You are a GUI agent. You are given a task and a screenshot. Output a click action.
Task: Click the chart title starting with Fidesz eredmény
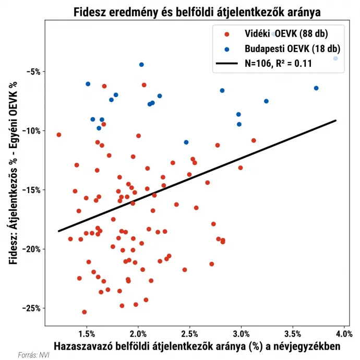[x=197, y=11]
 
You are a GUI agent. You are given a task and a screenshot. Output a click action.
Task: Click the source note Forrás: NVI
[x=30, y=355]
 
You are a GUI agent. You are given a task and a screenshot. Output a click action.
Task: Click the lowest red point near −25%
[x=85, y=312]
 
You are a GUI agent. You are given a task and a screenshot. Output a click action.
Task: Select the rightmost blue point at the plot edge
[x=335, y=58]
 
